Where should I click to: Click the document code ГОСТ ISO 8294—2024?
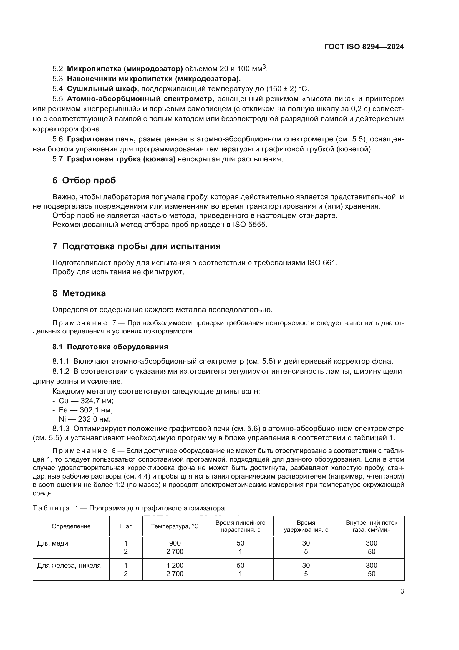[x=364, y=47]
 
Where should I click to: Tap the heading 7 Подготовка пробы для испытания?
[x=136, y=246]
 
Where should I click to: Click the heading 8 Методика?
[x=79, y=293]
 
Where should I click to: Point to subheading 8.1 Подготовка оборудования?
[x=110, y=347]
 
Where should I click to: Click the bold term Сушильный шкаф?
[x=103, y=89]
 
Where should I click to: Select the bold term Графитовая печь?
[x=101, y=139]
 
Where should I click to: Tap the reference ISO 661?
[x=322, y=263]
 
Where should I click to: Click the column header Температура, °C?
[x=175, y=526]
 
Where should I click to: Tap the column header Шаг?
[x=126, y=526]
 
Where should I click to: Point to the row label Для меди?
[x=52, y=543]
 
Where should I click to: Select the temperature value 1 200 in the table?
[x=175, y=565]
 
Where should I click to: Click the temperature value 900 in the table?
[x=175, y=543]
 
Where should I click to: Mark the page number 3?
[x=402, y=591]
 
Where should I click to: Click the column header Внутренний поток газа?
[x=371, y=526]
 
